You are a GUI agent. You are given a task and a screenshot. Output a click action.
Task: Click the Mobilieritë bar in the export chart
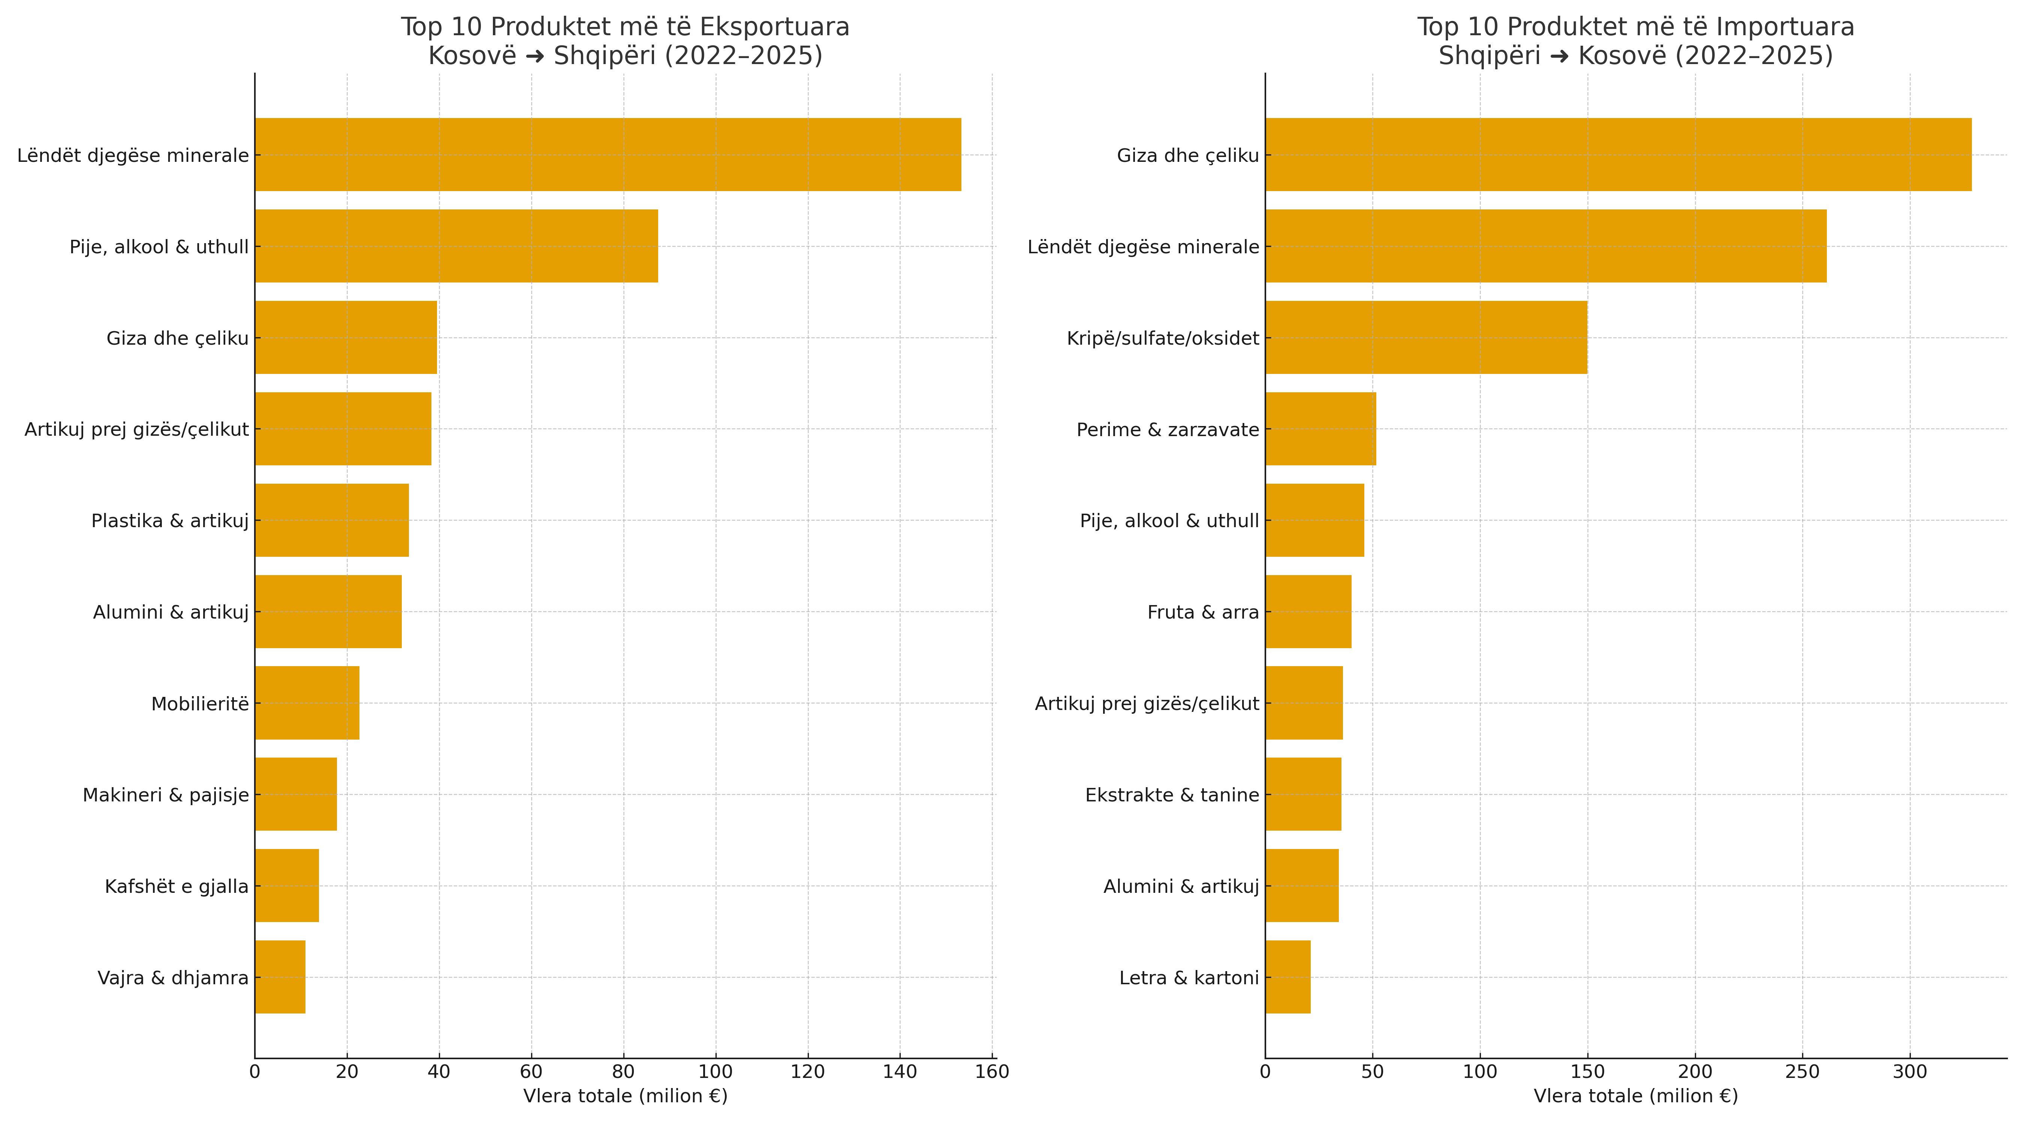tap(307, 703)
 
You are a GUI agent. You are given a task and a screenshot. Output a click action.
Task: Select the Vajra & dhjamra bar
tap(280, 977)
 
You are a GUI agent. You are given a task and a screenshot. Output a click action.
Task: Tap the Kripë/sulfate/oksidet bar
tap(1426, 338)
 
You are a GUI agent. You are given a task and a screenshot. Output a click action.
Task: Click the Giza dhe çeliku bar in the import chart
tap(1618, 155)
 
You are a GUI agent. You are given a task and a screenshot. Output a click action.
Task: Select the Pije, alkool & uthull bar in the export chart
tap(457, 246)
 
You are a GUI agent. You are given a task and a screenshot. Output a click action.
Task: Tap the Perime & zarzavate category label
tap(1168, 430)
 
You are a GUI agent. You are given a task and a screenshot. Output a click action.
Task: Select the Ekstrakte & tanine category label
tap(1172, 795)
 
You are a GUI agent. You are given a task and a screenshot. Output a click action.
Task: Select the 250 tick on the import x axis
tap(1802, 1072)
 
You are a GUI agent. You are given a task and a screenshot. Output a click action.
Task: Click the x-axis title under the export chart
tap(626, 1096)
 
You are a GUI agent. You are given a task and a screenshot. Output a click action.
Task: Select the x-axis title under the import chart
tap(1636, 1096)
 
